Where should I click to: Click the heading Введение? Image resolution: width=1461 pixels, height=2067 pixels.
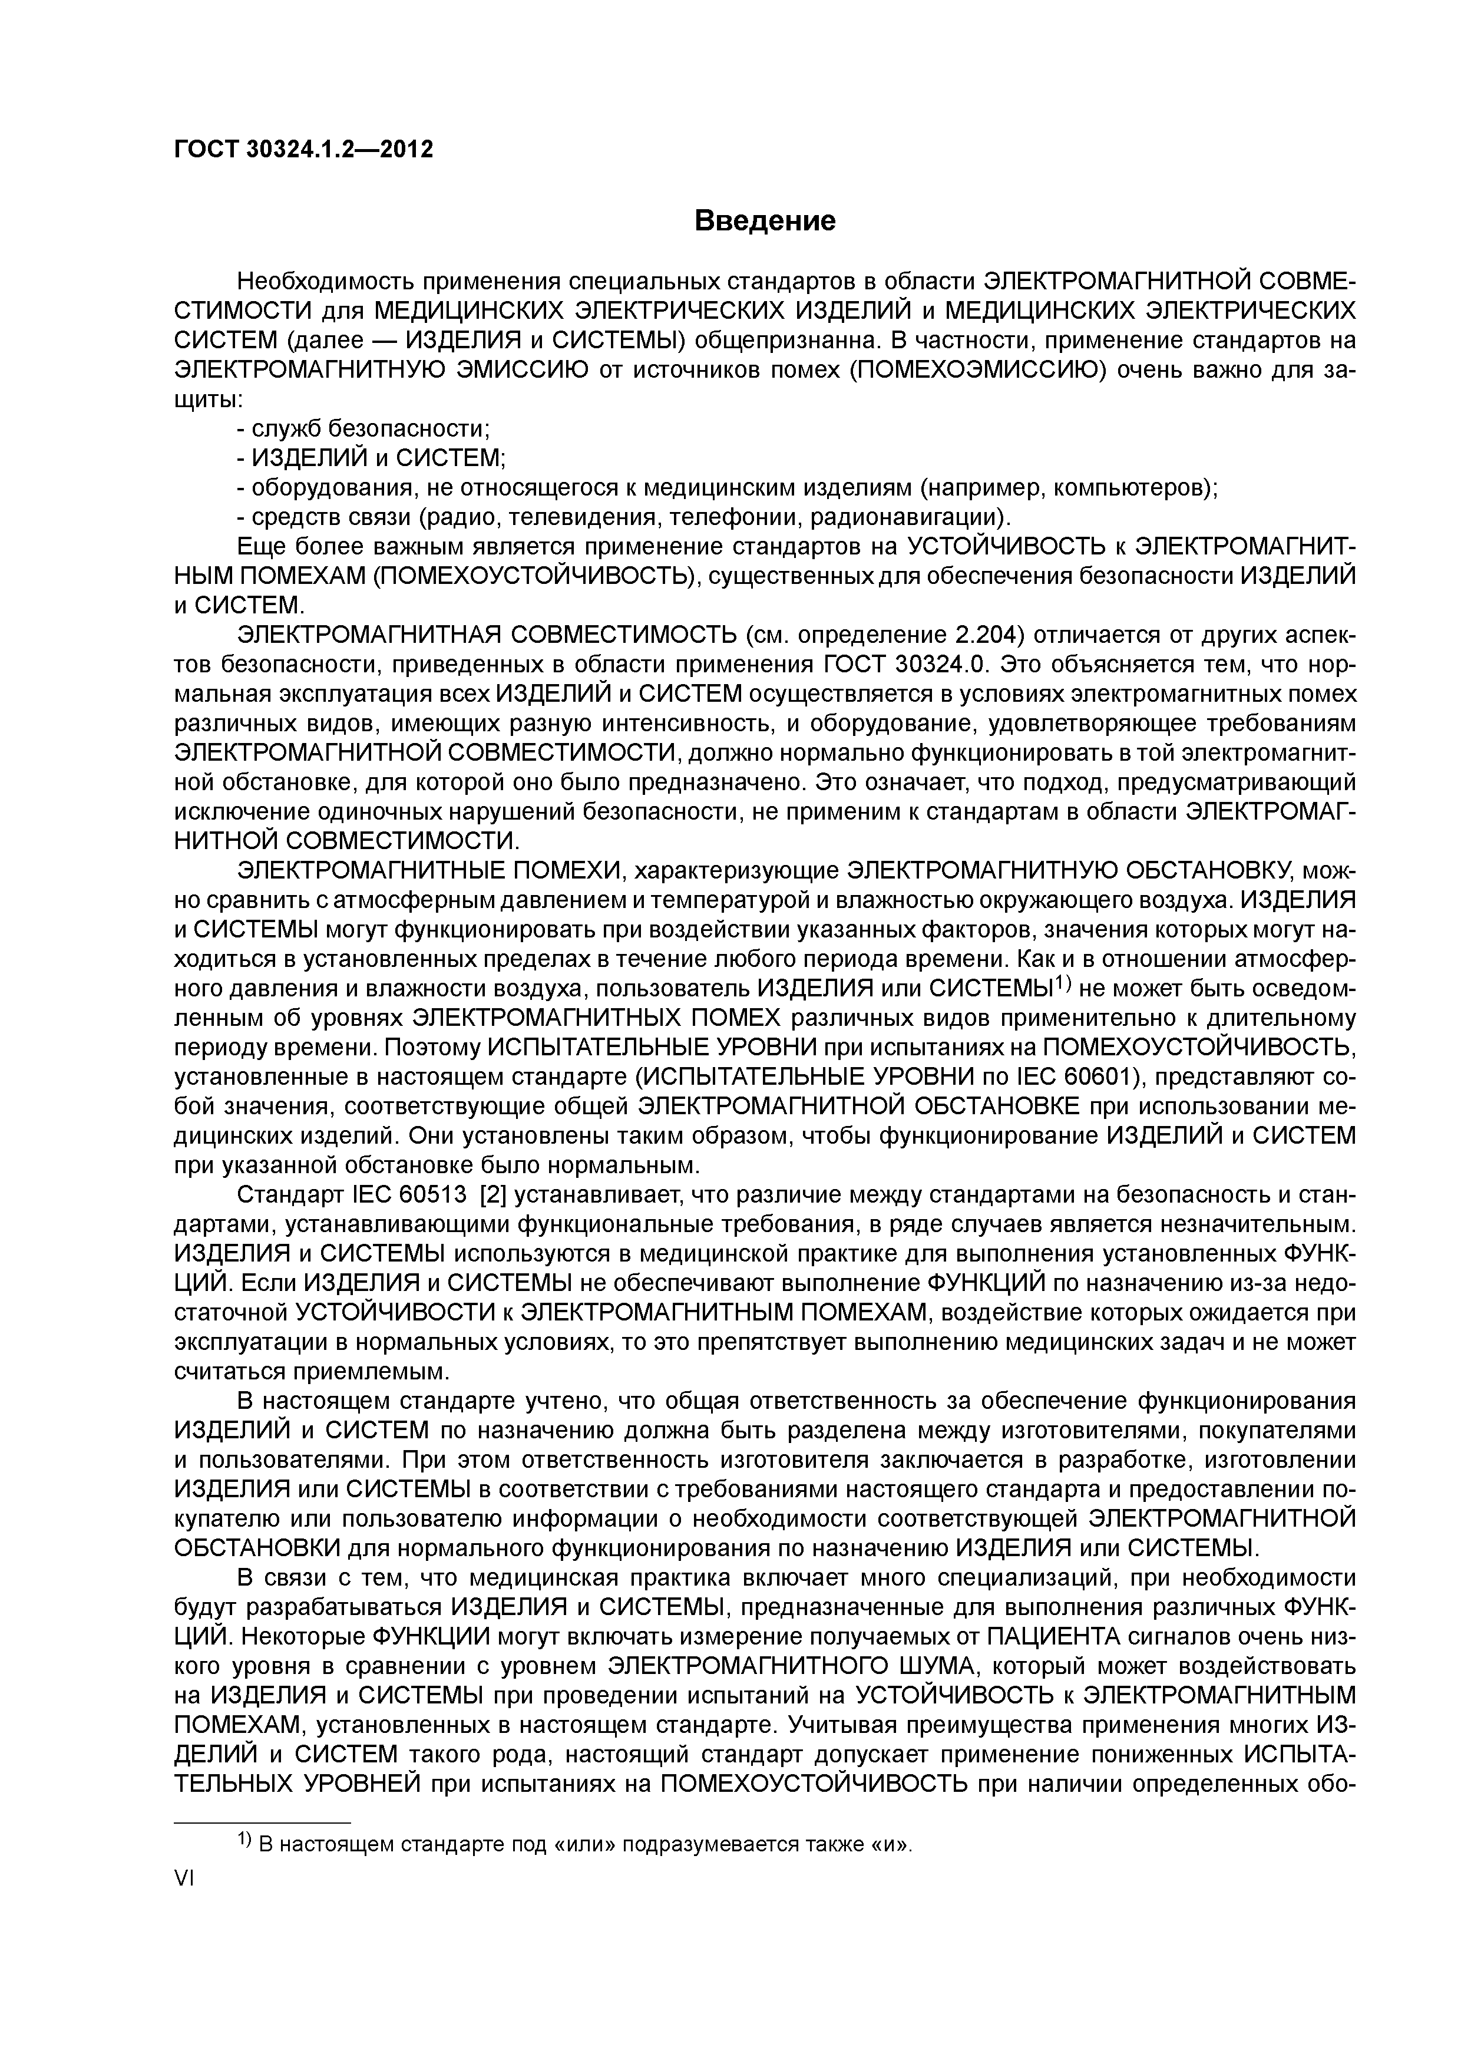[765, 220]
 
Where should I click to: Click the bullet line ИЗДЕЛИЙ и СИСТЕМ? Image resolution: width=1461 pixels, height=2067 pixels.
[371, 458]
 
